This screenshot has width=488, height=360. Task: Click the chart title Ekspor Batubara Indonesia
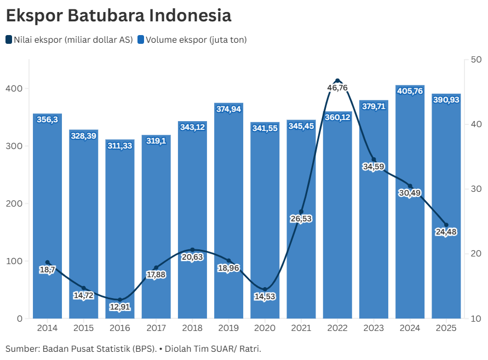coord(118,15)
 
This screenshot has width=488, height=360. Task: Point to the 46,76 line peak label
coord(337,88)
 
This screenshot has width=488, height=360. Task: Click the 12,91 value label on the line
coord(120,307)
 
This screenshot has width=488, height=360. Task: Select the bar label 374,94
coord(228,109)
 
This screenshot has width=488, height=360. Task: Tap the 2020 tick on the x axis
coord(265,328)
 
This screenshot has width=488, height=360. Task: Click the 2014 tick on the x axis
coord(47,328)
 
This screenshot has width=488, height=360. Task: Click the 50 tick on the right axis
coord(476,60)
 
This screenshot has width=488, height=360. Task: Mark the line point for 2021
coord(301,212)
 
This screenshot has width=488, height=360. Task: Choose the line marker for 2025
coord(446,225)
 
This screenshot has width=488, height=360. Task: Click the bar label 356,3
coord(47,119)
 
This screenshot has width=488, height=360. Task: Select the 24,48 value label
coord(446,232)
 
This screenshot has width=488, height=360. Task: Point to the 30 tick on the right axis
coord(476,189)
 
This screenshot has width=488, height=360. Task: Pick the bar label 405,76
coord(410,91)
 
